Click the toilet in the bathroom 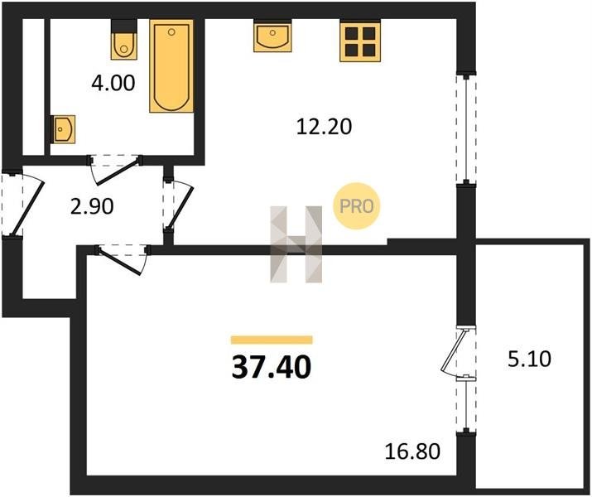pyautogui.click(x=123, y=39)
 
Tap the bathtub pyautogui.click(x=171, y=66)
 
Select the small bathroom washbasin pyautogui.click(x=63, y=129)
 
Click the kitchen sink pyautogui.click(x=272, y=36)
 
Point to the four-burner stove pyautogui.click(x=360, y=40)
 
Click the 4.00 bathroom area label pyautogui.click(x=113, y=83)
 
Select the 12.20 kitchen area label pyautogui.click(x=324, y=127)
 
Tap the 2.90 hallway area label pyautogui.click(x=92, y=206)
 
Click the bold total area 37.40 pyautogui.click(x=272, y=367)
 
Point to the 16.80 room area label pyautogui.click(x=412, y=451)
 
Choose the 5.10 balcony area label pyautogui.click(x=529, y=359)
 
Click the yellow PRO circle pyautogui.click(x=356, y=205)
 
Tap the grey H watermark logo pyautogui.click(x=296, y=244)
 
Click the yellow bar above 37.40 pyautogui.click(x=272, y=340)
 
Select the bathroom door pyautogui.click(x=116, y=169)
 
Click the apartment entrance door pyautogui.click(x=22, y=204)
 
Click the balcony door pyautogui.click(x=459, y=352)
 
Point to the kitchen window pyautogui.click(x=466, y=128)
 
